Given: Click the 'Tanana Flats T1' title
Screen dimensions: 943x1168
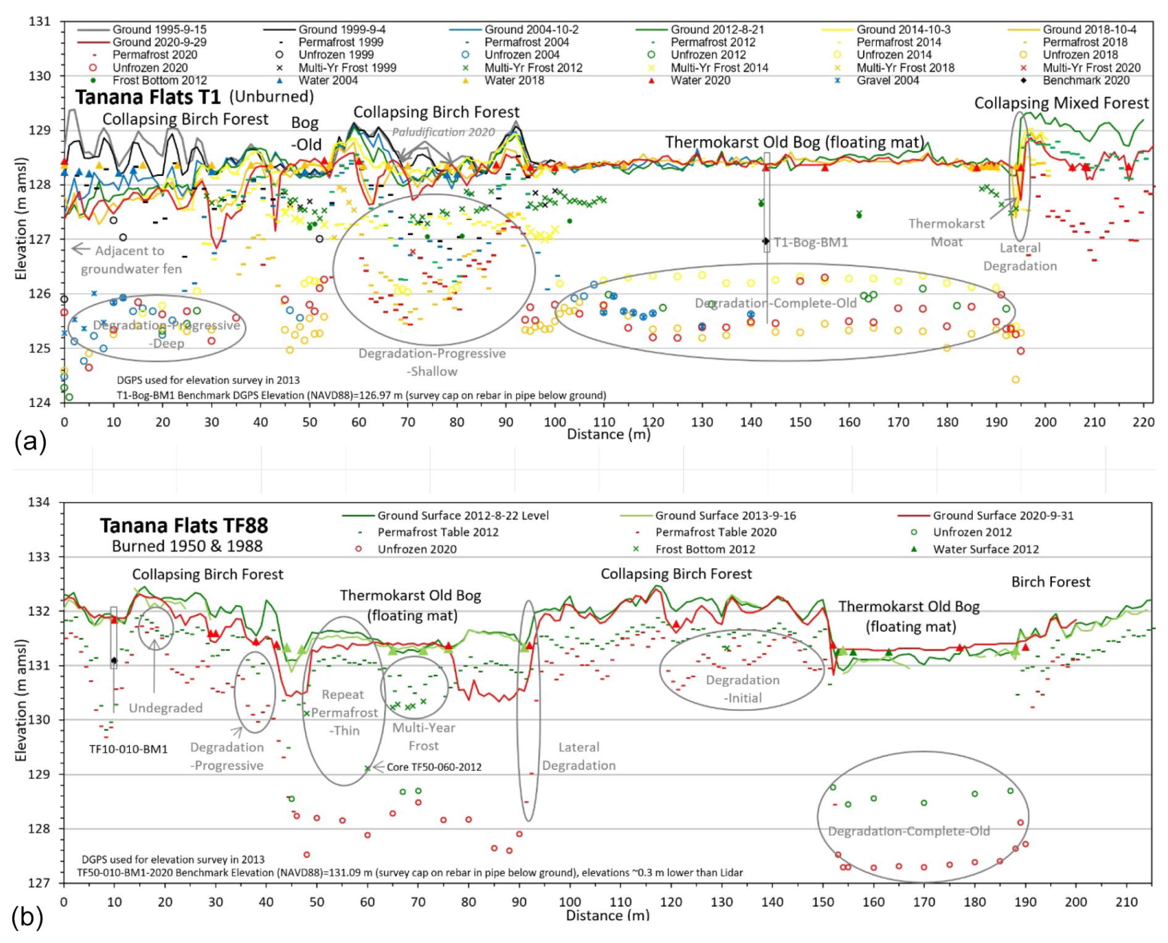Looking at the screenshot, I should (x=148, y=97).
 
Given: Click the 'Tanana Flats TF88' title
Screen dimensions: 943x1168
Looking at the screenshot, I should (x=184, y=526).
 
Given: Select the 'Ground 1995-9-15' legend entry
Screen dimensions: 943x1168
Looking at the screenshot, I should (x=159, y=29).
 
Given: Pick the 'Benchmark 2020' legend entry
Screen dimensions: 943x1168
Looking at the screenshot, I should (x=1086, y=80).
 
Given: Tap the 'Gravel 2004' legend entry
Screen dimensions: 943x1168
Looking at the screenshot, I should (x=888, y=80).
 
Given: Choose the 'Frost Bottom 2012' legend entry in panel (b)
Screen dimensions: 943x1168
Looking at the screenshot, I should (x=705, y=549).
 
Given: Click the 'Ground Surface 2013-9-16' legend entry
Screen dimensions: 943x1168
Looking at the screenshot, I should (x=725, y=516).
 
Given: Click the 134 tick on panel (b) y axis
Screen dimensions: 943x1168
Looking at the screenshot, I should (x=40, y=502).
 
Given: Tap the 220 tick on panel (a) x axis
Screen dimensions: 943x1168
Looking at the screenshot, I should (x=1143, y=422).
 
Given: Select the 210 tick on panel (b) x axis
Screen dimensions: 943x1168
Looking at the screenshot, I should (x=1126, y=902).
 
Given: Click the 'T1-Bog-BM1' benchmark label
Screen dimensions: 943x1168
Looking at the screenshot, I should (x=811, y=242).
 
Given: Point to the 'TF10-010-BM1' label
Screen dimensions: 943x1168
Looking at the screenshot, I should (x=128, y=749).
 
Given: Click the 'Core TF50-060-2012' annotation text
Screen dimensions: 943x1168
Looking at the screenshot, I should (x=434, y=767).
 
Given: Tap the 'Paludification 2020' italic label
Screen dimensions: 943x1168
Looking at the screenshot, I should (x=443, y=132).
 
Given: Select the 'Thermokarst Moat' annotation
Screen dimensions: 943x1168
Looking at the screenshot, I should (x=946, y=232).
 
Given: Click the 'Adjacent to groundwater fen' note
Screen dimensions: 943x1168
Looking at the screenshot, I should (x=130, y=259).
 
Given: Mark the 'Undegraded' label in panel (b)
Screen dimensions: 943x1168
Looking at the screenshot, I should (x=165, y=708).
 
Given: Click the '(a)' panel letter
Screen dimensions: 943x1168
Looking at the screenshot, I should (x=30, y=442).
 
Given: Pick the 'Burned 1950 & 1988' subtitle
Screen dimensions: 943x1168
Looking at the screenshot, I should (x=187, y=547).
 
